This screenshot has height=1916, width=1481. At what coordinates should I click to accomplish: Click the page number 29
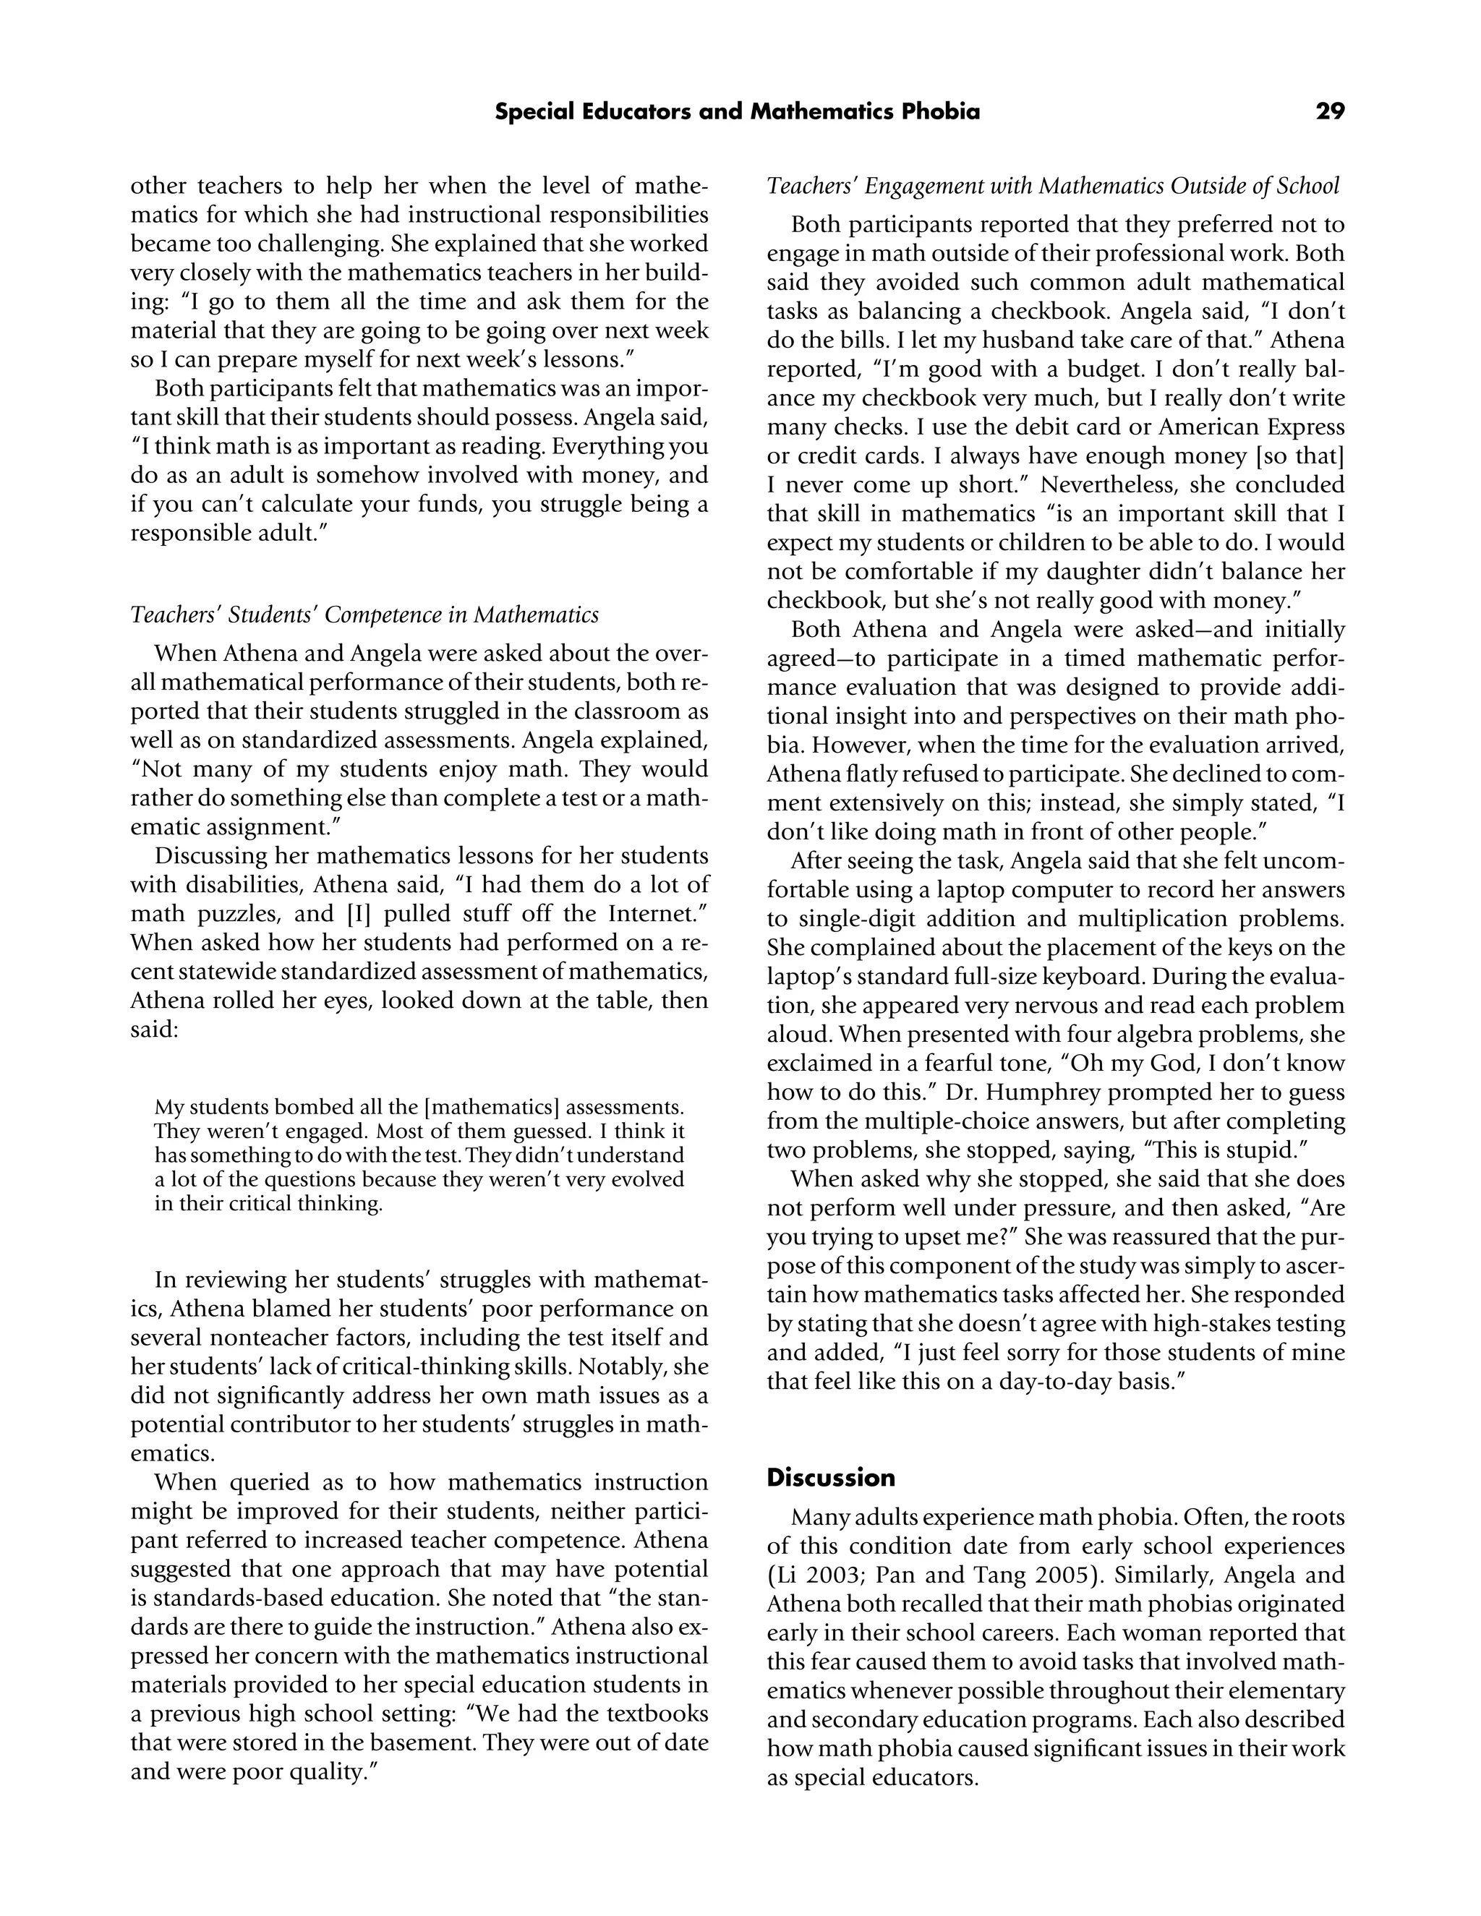1329,111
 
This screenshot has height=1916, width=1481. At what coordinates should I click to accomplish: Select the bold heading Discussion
830,1477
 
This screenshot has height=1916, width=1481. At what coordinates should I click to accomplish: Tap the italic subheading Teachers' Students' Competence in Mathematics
364,615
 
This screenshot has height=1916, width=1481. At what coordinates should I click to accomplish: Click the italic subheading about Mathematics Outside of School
1053,186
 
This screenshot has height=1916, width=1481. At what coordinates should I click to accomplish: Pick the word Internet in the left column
650,914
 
